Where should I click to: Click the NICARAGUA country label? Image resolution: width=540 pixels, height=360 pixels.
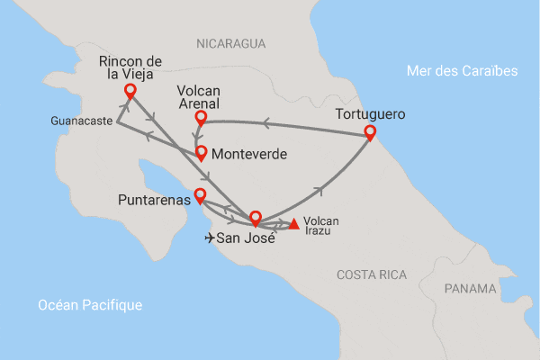230,42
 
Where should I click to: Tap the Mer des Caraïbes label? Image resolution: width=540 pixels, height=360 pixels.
462,71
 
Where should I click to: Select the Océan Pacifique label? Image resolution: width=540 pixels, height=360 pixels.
90,306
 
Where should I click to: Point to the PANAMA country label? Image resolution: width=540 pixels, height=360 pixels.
470,289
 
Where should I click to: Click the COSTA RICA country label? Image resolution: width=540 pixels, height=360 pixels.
371,274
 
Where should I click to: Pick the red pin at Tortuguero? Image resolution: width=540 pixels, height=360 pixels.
369,133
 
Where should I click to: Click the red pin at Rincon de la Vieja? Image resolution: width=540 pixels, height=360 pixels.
130,91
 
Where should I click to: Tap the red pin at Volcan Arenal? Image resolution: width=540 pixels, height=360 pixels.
201,119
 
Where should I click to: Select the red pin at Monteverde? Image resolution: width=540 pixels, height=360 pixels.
202,153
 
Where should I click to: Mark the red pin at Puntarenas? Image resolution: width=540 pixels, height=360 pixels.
200,194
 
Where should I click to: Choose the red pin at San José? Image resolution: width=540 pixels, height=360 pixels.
255,218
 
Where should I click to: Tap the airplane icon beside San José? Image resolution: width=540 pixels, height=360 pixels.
211,238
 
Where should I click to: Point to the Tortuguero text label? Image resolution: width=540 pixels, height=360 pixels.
371,115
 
